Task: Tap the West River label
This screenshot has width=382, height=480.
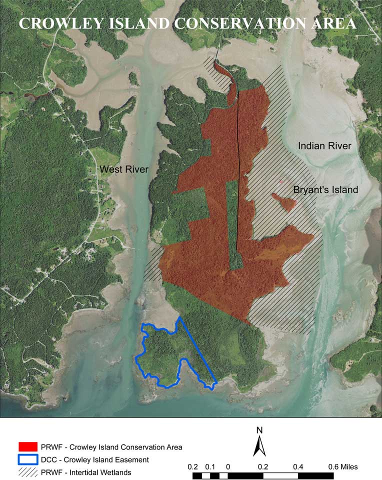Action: pos(124,169)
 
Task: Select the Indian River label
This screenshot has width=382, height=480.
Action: pos(324,146)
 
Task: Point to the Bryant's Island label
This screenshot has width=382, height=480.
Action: pos(325,190)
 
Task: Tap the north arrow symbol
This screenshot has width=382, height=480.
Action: pos(259,445)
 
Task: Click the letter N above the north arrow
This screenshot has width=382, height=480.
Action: pos(259,430)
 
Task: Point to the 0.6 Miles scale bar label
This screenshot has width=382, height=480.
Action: pos(343,467)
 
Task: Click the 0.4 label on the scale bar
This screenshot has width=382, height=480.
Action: pos(298,467)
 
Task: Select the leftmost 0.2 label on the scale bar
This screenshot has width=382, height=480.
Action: pos(193,467)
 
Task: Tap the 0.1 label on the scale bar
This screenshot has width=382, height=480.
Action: pos(210,467)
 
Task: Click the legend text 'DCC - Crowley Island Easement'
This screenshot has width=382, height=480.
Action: pos(95,459)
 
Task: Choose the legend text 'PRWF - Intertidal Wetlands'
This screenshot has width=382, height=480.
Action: pos(89,471)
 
